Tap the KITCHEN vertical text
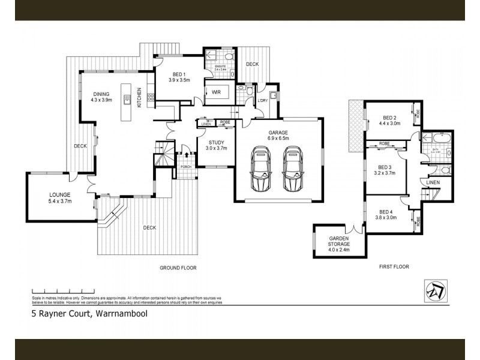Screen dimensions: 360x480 [139, 97]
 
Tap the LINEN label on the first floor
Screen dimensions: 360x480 [432, 182]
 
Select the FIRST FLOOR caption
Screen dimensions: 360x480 [394, 266]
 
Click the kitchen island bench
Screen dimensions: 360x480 [127, 100]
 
